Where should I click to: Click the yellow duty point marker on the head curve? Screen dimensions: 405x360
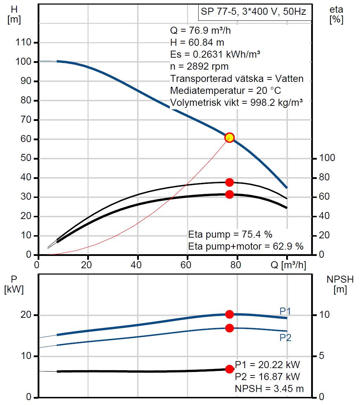point(230,137)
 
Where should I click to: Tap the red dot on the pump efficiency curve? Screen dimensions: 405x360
point(230,182)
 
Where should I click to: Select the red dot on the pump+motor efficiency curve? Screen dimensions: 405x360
point(230,194)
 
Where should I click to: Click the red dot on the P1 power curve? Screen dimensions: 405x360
point(230,314)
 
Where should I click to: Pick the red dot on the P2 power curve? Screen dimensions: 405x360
point(230,328)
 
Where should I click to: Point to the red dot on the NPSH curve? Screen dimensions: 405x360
point(230,369)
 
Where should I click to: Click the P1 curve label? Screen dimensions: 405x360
point(285,311)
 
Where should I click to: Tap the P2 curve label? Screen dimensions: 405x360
point(285,338)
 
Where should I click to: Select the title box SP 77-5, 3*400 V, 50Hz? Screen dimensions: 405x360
point(253,12)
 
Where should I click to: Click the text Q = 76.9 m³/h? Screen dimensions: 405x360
point(200,30)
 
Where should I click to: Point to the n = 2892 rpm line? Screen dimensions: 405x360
point(199,67)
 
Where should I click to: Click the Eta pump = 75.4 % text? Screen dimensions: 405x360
point(230,234)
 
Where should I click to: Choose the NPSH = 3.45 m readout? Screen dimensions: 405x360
point(269,388)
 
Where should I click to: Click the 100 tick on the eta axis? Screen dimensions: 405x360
point(328,158)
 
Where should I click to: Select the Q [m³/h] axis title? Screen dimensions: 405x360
point(289,265)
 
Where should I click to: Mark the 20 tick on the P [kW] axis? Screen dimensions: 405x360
point(28,315)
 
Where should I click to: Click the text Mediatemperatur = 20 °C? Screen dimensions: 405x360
point(225,91)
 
